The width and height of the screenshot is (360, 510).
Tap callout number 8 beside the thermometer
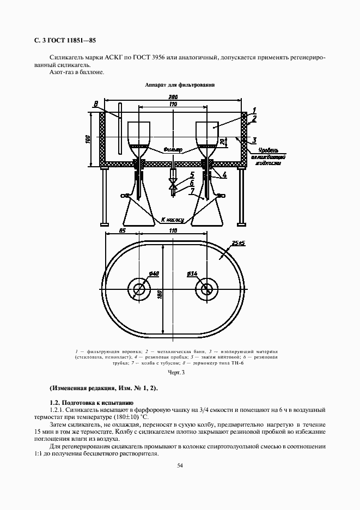click(x=96, y=104)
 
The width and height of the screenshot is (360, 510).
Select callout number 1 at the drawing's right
click(x=253, y=111)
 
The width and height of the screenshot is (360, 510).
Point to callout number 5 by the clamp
click(x=192, y=175)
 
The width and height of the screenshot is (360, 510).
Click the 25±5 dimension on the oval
click(x=238, y=242)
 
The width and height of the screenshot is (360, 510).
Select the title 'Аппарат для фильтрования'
click(x=180, y=85)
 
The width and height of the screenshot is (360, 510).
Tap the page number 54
click(x=180, y=465)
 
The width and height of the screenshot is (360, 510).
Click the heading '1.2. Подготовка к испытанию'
click(x=88, y=402)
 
